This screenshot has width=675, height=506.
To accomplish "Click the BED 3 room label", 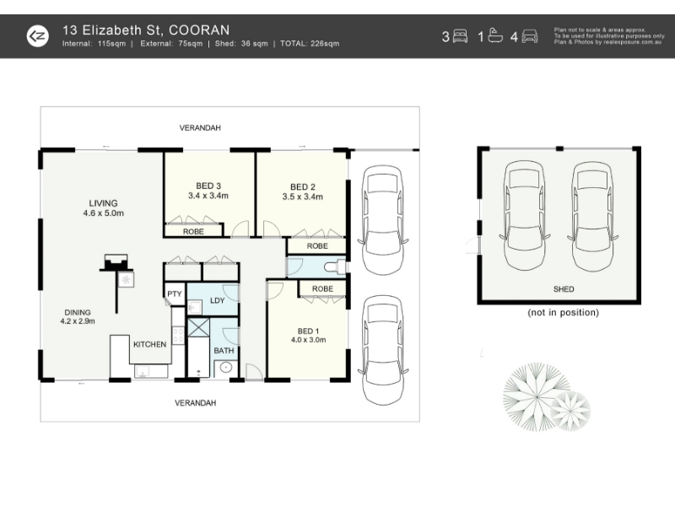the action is click(x=208, y=186).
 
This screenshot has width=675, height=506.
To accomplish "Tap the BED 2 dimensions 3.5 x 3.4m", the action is click(x=303, y=196).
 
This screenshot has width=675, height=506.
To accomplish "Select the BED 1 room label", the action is click(x=308, y=331).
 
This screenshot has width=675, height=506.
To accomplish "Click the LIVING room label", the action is click(x=103, y=203).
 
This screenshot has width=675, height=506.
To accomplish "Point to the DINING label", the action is click(x=78, y=312).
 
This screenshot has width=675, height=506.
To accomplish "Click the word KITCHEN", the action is click(x=150, y=344).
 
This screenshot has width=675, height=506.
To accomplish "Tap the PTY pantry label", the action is click(x=175, y=293).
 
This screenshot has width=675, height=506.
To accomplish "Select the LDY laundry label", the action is click(x=218, y=300).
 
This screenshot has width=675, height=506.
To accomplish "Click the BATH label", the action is click(x=224, y=351).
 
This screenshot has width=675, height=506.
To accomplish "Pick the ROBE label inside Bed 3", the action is click(x=193, y=231).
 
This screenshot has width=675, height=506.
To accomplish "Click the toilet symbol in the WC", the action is click(x=335, y=267).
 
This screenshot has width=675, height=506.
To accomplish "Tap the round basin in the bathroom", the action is click(x=226, y=368).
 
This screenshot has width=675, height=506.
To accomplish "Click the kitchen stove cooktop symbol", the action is click(x=178, y=335).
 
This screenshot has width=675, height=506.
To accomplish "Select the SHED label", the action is click(x=564, y=289).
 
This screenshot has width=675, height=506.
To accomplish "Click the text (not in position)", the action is click(x=563, y=312).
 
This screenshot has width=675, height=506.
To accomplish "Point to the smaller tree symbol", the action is click(x=570, y=410).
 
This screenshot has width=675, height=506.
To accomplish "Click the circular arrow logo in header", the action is click(x=38, y=36).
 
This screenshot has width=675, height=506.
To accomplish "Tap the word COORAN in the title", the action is click(x=199, y=30).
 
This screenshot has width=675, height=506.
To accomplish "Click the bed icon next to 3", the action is click(x=460, y=36).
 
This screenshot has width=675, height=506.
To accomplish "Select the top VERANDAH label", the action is click(x=200, y=128).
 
